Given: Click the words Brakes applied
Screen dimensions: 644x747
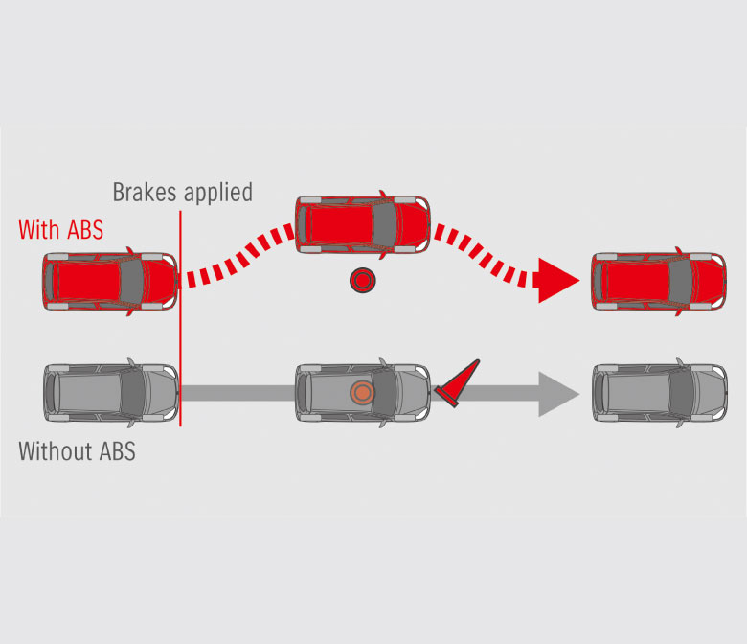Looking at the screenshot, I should click(x=182, y=192).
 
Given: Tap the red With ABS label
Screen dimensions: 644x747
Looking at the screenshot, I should click(x=60, y=230).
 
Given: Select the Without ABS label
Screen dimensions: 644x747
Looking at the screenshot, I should click(x=77, y=450).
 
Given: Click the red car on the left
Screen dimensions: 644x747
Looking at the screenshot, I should click(x=109, y=282).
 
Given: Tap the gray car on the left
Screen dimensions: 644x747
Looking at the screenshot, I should click(x=109, y=392).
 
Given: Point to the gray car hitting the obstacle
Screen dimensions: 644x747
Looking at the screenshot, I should click(x=362, y=392).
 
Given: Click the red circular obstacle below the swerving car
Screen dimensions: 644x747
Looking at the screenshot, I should click(x=362, y=281).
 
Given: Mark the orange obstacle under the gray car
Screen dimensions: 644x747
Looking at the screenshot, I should click(x=361, y=392).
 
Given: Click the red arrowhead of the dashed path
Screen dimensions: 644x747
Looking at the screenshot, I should click(x=557, y=280).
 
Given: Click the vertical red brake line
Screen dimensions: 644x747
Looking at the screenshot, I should click(x=180, y=326).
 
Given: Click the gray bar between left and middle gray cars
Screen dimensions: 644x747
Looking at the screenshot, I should click(x=238, y=392).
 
